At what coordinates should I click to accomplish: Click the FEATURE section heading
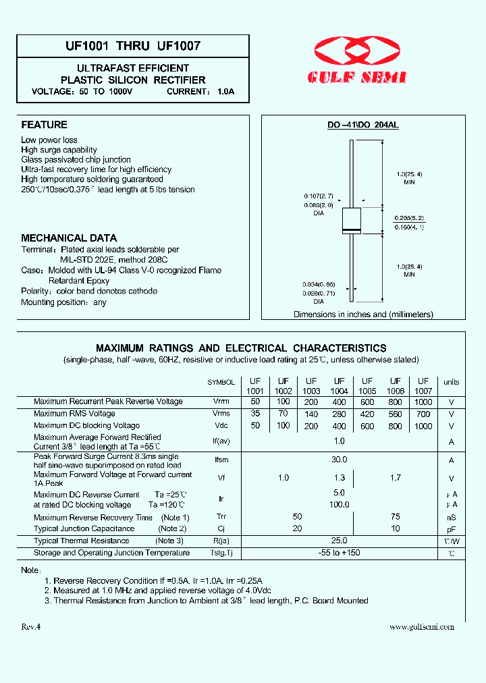click(45, 125)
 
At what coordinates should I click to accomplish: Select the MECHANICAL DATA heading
click(69, 238)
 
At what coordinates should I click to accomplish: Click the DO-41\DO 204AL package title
click(362, 126)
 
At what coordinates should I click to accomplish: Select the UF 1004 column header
click(340, 386)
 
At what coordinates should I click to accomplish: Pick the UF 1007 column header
click(423, 386)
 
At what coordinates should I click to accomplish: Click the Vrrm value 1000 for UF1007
click(423, 402)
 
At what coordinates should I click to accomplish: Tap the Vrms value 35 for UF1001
click(255, 414)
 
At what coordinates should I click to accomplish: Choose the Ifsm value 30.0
click(340, 460)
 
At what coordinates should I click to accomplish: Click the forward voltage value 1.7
click(396, 478)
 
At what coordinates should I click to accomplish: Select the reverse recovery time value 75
click(396, 517)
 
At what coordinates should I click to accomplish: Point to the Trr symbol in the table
click(221, 518)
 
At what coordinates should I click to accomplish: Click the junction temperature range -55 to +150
click(340, 553)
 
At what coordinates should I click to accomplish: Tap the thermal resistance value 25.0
click(340, 541)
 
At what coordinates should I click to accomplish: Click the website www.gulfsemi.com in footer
click(422, 626)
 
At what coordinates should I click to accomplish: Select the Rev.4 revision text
click(31, 626)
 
